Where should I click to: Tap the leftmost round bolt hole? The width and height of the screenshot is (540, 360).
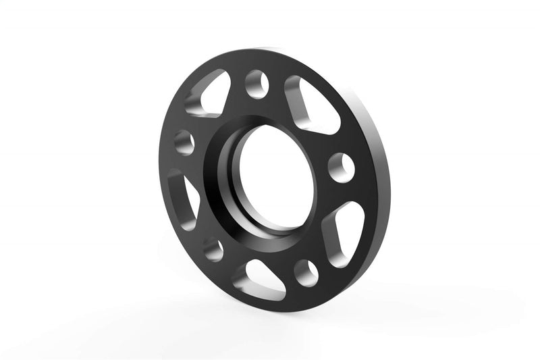[184, 142]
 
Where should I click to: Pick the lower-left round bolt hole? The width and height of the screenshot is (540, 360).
[211, 250]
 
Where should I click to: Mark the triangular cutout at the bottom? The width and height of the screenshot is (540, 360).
[264, 277]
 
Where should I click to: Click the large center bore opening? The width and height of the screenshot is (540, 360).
[273, 179]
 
